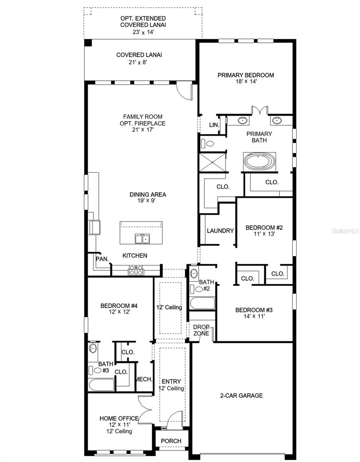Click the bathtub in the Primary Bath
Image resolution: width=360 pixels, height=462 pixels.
(x=260, y=161)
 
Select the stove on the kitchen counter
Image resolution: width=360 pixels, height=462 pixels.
(x=136, y=270)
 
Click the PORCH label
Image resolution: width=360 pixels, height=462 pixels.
(x=171, y=441)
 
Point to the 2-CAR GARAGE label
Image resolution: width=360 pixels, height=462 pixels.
(x=241, y=395)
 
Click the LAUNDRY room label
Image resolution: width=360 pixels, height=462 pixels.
(x=220, y=231)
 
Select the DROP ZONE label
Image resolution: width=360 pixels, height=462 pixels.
(x=201, y=330)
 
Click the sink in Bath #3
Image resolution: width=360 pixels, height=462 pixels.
(x=93, y=349)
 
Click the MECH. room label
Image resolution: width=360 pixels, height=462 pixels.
(x=144, y=379)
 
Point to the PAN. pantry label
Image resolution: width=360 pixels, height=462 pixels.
(x=102, y=259)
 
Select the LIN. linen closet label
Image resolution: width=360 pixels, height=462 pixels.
(x=214, y=125)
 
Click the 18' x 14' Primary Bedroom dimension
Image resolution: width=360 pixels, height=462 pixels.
(x=246, y=82)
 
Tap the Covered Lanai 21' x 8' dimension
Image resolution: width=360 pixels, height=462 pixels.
(x=139, y=62)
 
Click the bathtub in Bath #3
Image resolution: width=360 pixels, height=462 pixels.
(x=101, y=385)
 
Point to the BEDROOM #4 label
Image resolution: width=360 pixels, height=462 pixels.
(x=119, y=306)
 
